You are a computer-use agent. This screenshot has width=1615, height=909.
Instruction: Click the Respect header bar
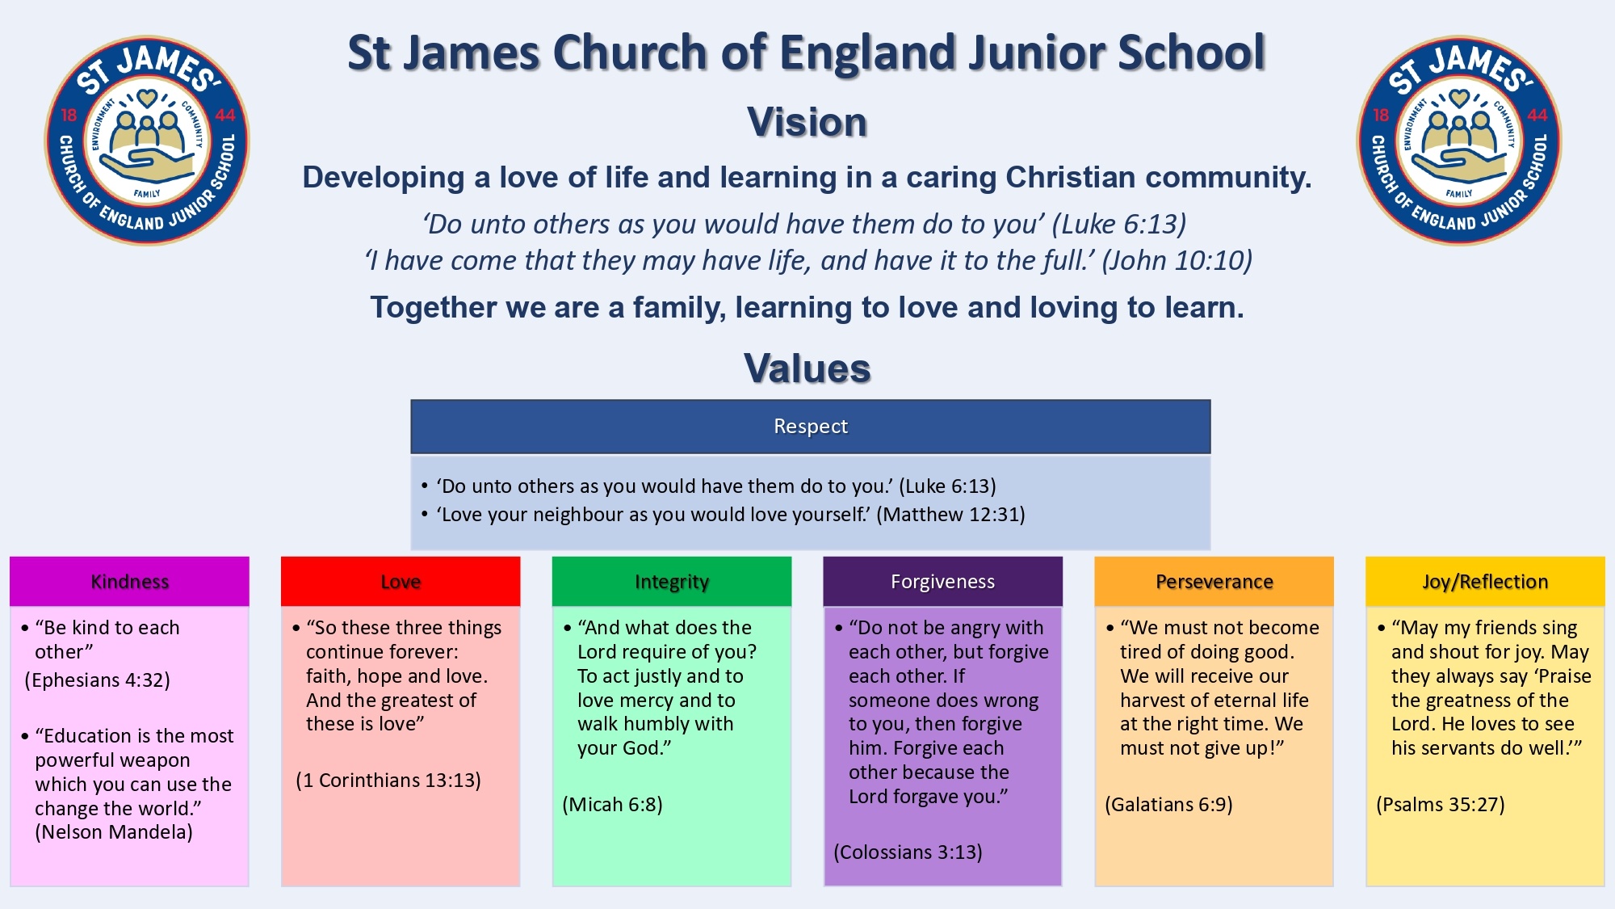click(811, 427)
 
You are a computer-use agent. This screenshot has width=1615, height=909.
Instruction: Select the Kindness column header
click(129, 582)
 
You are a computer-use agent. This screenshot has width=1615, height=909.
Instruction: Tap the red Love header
click(401, 582)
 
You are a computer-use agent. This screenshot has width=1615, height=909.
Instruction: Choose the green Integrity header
click(672, 582)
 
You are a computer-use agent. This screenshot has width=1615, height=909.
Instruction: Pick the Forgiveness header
click(942, 582)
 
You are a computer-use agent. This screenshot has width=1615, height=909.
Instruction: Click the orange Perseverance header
click(1214, 582)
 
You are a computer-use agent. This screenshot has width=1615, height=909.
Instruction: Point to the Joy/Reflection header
click(1485, 582)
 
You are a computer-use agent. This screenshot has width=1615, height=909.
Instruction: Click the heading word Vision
click(807, 123)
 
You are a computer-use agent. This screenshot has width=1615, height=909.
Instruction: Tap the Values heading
click(807, 368)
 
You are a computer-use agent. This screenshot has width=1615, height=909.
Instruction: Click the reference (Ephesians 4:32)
click(98, 680)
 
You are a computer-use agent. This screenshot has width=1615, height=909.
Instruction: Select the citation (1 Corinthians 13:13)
click(388, 781)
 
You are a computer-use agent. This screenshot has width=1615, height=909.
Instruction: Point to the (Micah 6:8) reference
click(612, 805)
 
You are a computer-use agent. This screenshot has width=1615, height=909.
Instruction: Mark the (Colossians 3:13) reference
click(908, 852)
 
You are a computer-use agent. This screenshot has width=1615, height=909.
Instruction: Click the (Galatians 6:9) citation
click(1168, 805)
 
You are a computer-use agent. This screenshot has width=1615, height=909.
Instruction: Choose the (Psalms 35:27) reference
click(1441, 805)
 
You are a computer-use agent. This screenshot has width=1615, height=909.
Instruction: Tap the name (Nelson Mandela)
click(114, 832)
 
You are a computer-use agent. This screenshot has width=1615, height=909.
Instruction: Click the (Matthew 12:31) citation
click(950, 515)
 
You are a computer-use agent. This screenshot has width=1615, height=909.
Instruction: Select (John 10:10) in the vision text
click(1177, 261)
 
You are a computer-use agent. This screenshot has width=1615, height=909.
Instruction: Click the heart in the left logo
click(146, 99)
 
